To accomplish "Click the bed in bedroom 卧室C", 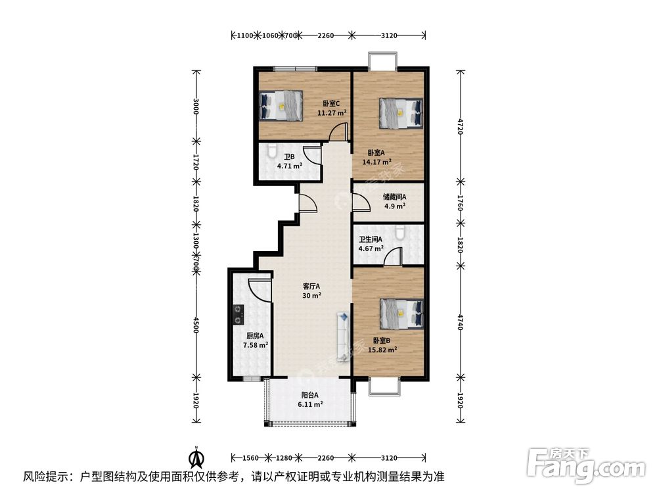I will (281, 105).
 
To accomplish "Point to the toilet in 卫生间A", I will (400, 232).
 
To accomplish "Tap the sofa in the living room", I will (342, 336).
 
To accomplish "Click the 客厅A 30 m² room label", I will (311, 291).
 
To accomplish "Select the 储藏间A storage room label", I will (395, 201).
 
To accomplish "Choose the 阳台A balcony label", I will (310, 400).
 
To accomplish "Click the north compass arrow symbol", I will (195, 456).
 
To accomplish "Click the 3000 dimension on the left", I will (195, 107).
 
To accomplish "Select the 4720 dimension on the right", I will (460, 126).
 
